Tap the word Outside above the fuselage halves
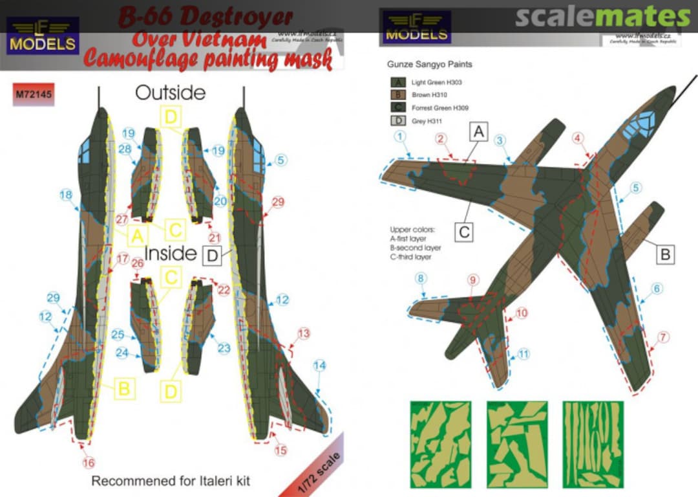tap(170, 93)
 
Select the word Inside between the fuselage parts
tap(170, 254)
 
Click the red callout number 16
tap(89, 462)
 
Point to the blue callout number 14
tap(319, 366)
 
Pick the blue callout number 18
tap(65, 195)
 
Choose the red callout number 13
tap(304, 334)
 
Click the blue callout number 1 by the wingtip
tap(401, 137)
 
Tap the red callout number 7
tap(664, 337)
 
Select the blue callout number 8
tap(421, 279)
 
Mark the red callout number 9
tap(474, 280)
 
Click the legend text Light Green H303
tap(436, 83)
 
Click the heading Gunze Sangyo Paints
tap(429, 65)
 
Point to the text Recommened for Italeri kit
tap(170, 481)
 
